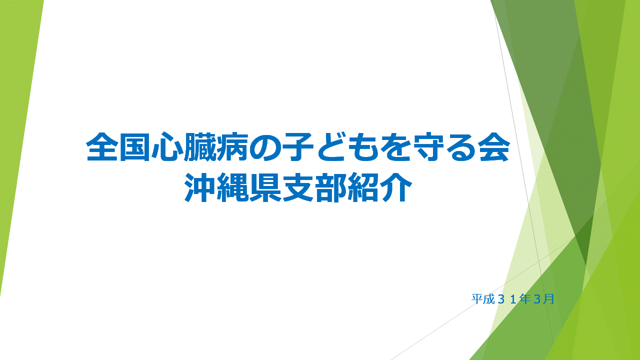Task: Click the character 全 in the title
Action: coord(101,147)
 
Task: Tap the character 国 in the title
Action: coord(134,147)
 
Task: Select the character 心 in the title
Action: coord(167,147)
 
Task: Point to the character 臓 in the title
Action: coord(199,147)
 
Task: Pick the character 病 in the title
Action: coord(232,147)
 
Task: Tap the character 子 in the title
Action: coord(297,147)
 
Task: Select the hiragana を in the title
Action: coord(395,147)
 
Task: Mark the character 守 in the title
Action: coord(428,147)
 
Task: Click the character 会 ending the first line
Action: coord(493,147)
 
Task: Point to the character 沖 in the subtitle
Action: coord(199,187)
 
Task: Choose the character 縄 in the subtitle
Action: coord(232,187)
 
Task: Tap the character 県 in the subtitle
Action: coord(265,187)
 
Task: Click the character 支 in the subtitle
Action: coord(297,187)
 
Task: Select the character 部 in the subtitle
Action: coord(330,187)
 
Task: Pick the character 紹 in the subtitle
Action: coord(363,187)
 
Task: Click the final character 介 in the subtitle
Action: coord(396,187)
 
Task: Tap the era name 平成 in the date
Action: coord(483,299)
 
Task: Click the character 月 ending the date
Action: coord(548,299)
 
